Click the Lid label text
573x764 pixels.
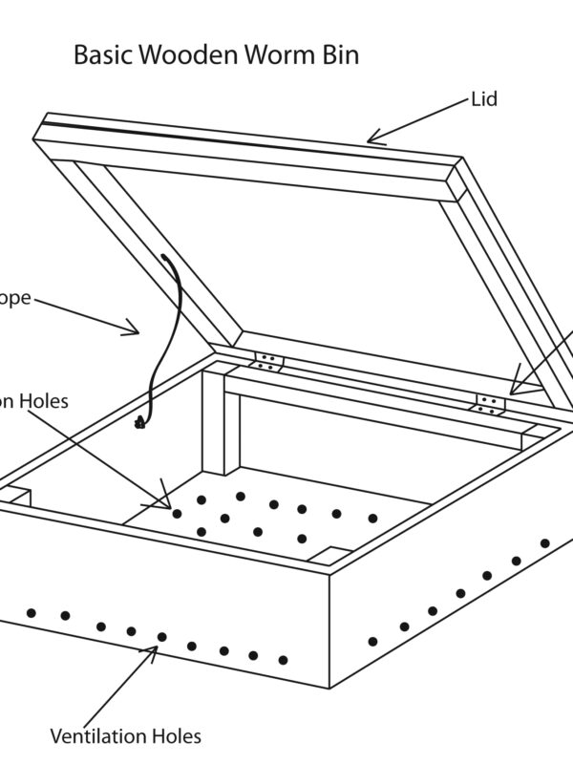coord(484,99)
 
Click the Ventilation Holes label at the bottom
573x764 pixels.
coord(126,736)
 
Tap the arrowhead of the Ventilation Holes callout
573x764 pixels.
coord(155,649)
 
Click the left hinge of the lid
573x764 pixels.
coord(268,361)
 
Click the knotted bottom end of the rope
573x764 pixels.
coord(140,421)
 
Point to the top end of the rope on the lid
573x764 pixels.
coord(165,256)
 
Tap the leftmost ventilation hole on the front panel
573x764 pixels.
coord(32,612)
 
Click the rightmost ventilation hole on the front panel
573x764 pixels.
coord(284,660)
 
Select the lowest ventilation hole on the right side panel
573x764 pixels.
coord(372,641)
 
